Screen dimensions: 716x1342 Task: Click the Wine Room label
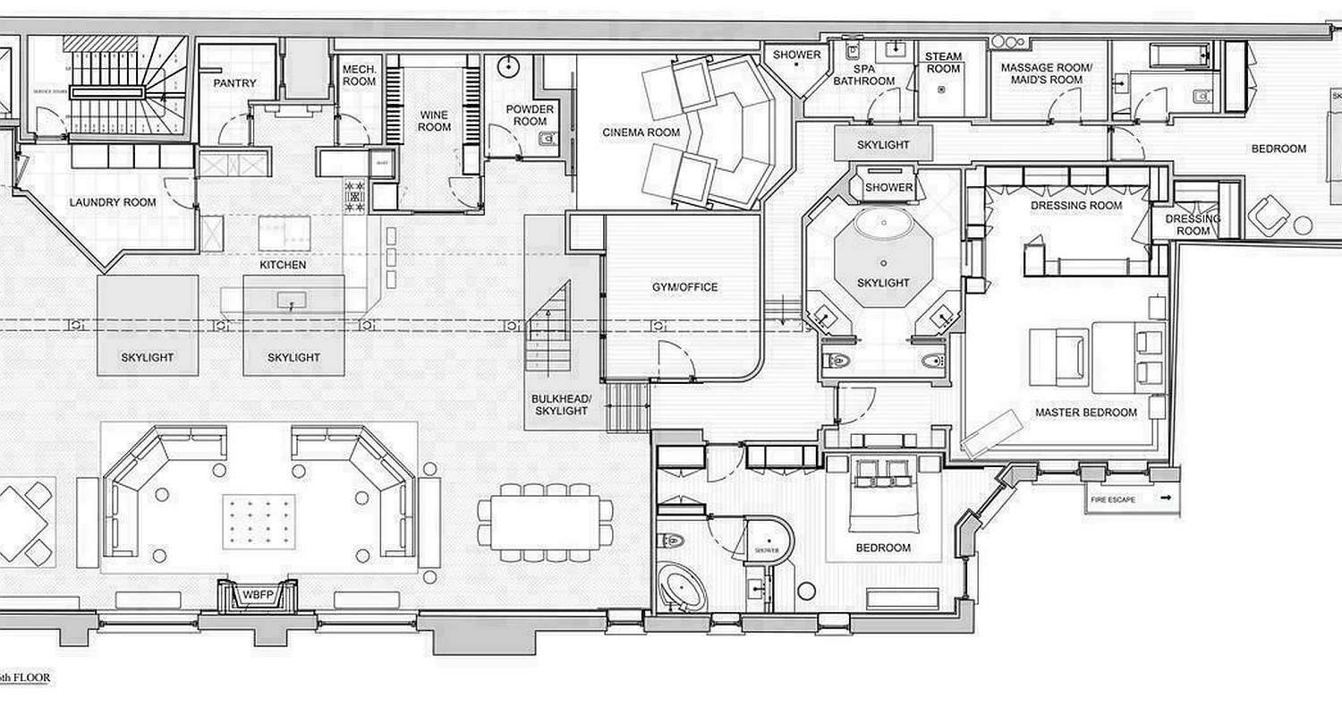tap(435, 121)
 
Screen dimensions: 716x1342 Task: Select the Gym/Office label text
tap(684, 287)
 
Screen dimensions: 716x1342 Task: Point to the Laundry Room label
tap(113, 202)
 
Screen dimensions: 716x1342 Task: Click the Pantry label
tap(235, 83)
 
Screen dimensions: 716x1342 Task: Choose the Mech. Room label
tap(360, 74)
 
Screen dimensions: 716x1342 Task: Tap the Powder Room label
tap(531, 115)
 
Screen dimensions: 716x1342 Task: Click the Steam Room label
tap(943, 63)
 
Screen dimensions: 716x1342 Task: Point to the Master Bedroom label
tap(1086, 413)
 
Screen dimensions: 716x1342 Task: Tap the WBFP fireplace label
tap(257, 594)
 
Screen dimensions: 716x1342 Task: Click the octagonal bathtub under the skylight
tap(883, 224)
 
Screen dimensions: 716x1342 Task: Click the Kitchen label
tap(283, 265)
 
